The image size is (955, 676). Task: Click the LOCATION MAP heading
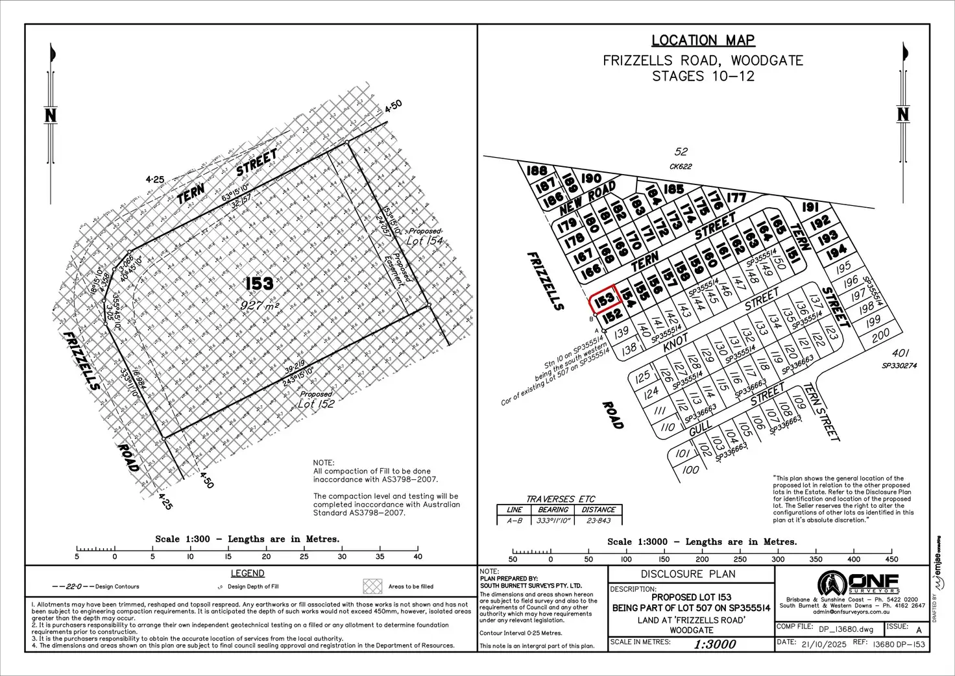point(703,40)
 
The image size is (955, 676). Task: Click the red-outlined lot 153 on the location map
point(603,300)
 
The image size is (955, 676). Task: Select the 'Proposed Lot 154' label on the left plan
point(424,237)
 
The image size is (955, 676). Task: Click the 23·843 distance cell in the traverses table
point(598,520)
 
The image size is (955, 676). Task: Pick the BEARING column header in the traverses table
point(553,510)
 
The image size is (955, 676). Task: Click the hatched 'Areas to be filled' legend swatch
point(372,586)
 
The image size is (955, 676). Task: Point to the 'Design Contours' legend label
point(117,586)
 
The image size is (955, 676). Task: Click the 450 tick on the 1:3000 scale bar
point(891,558)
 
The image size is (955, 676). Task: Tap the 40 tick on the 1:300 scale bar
point(418,556)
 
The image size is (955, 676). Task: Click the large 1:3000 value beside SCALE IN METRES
point(714,644)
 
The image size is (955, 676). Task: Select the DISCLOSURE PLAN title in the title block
point(688,574)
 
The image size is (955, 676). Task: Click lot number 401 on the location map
point(900,353)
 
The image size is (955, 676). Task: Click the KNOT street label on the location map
point(675,342)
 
